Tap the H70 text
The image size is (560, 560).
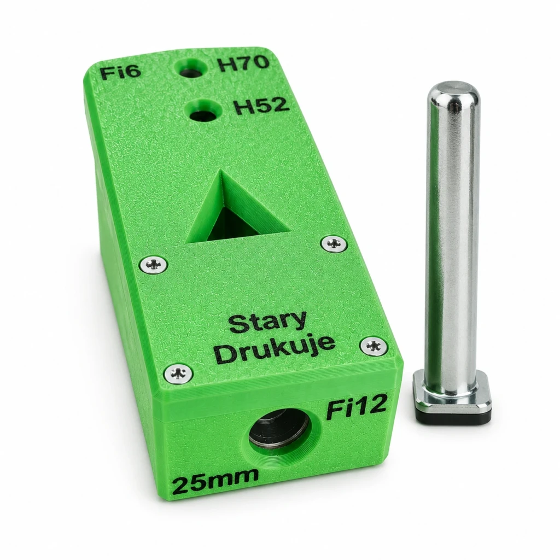pyautogui.click(x=243, y=63)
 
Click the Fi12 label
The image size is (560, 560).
pyautogui.click(x=356, y=409)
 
